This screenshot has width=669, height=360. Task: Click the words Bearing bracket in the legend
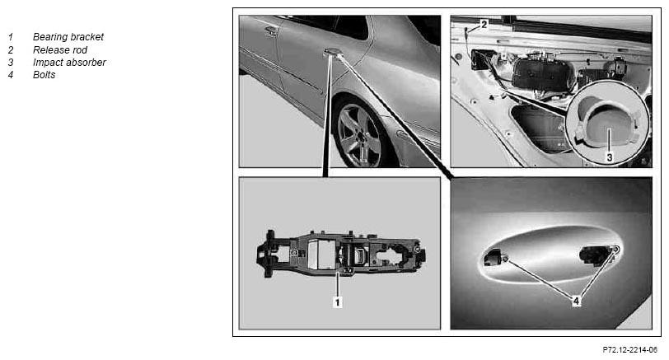(x=68, y=37)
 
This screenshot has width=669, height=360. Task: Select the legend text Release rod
(x=60, y=50)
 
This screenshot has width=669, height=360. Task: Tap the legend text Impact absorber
(x=69, y=63)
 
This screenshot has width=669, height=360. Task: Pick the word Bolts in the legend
(x=44, y=75)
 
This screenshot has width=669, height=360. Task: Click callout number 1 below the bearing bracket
(x=338, y=302)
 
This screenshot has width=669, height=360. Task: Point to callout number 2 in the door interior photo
(x=484, y=25)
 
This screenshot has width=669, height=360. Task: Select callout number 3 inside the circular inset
(x=610, y=157)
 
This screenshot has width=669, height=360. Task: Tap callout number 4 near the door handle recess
(x=576, y=302)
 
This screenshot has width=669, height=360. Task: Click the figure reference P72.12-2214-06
(x=629, y=350)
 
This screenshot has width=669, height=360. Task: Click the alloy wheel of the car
(x=359, y=135)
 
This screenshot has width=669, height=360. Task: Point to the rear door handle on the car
(x=332, y=52)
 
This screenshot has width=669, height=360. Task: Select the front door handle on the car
(x=271, y=30)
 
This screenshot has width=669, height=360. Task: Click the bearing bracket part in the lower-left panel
(x=340, y=254)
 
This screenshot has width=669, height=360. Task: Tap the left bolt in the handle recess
(x=505, y=259)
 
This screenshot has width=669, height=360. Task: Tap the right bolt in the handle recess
(x=615, y=249)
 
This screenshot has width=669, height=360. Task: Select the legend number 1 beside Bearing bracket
(x=11, y=37)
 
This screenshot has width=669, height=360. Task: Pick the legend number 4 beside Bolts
(x=11, y=75)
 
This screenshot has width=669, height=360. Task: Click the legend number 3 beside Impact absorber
(x=11, y=63)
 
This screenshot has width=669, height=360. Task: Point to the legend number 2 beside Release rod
(x=11, y=50)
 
